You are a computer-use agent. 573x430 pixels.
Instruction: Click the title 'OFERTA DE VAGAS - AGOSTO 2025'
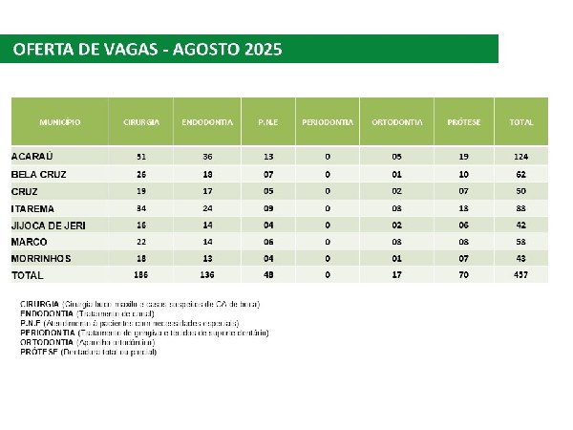coord(148,50)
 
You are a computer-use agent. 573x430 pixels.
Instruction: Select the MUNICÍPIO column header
coord(59,123)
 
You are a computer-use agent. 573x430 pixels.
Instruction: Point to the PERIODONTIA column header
coord(328,123)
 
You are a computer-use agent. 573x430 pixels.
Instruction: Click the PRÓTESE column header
coord(463,123)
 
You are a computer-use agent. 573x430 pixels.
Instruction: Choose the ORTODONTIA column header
coord(396,123)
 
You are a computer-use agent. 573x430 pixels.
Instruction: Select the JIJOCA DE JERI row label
coord(47,226)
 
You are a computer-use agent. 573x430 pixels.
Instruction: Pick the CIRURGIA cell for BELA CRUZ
coord(141,173)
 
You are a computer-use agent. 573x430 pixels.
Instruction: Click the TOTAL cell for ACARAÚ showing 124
coord(520,156)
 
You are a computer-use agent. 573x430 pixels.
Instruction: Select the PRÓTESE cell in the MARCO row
coord(463,243)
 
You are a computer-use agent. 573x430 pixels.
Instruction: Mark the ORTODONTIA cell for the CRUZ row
coord(396,190)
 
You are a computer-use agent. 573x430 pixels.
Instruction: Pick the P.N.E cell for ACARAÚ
coord(267,156)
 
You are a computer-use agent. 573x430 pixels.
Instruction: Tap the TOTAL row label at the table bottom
coord(28,276)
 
